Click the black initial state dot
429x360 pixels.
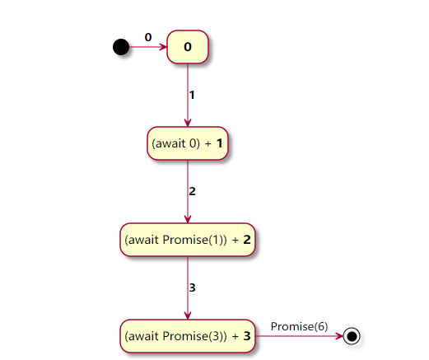pyautogui.click(x=121, y=47)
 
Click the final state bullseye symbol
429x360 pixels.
pyautogui.click(x=353, y=335)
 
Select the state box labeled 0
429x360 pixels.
pyautogui.click(x=188, y=47)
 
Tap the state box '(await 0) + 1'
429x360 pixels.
pyautogui.click(x=188, y=143)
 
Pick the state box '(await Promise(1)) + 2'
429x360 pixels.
pyautogui.click(x=188, y=240)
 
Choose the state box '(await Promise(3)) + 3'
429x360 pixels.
pyautogui.click(x=188, y=335)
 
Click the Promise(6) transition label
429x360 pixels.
pyautogui.click(x=299, y=326)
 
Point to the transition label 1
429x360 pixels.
pyautogui.click(x=192, y=95)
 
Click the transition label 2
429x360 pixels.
pyautogui.click(x=192, y=191)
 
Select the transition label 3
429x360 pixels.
pyautogui.click(x=192, y=288)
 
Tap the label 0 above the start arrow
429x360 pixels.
pyautogui.click(x=148, y=37)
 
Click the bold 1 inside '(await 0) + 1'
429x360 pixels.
pyautogui.click(x=220, y=143)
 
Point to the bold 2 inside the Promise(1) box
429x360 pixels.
pyautogui.click(x=246, y=240)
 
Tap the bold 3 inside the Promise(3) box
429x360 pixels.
pyautogui.click(x=246, y=336)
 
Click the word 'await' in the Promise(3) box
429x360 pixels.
pyautogui.click(x=144, y=336)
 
